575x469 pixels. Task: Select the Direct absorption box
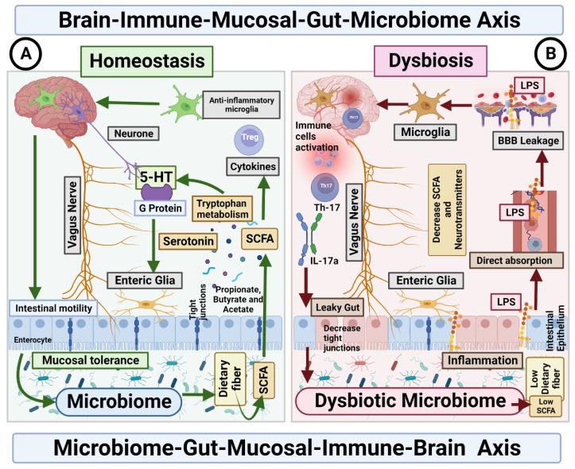point(518,258)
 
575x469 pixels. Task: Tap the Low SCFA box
point(546,409)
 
